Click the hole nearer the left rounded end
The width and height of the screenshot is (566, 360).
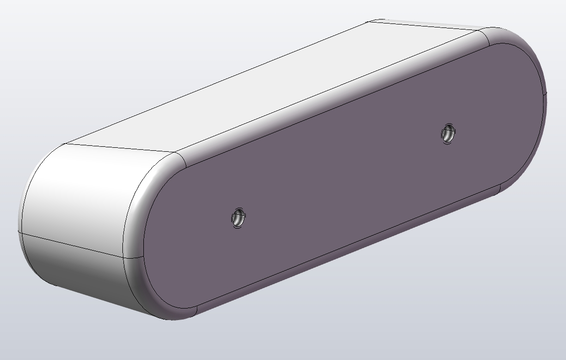point(238,218)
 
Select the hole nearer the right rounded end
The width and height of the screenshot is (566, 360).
point(448,133)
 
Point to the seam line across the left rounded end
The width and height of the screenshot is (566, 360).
point(70,245)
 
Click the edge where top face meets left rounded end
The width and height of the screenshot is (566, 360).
point(120,148)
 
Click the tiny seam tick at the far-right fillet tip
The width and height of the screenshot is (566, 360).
point(546,94)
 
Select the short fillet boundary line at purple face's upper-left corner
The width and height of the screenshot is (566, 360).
point(182,159)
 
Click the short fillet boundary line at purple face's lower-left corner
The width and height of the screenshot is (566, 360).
point(196,310)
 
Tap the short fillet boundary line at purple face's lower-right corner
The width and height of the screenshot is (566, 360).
point(499,189)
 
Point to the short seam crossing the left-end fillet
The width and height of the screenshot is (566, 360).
point(133,258)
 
